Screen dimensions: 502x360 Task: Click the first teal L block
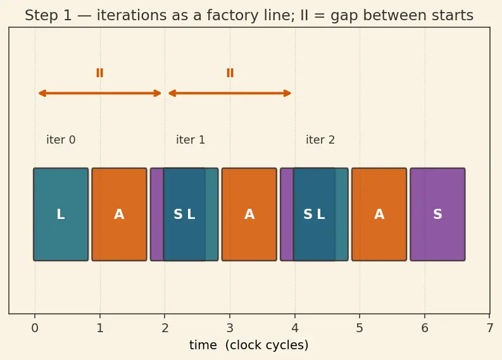[61, 214]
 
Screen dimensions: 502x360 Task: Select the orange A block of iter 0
[120, 214]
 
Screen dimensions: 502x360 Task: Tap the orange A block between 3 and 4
[249, 214]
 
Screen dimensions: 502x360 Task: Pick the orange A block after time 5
[379, 214]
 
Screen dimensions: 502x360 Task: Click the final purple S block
[437, 214]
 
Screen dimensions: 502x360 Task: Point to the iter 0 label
[61, 140]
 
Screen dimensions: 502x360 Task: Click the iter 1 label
[191, 140]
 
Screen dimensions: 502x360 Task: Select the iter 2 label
[320, 140]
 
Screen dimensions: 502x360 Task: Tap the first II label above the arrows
[100, 73]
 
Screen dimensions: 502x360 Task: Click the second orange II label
[230, 73]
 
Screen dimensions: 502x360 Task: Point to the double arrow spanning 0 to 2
[100, 94]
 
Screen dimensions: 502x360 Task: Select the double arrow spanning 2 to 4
[230, 94]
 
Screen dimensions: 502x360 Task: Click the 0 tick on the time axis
[35, 328]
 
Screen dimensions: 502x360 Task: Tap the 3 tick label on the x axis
[230, 328]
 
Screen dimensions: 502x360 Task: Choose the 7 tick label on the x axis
[490, 328]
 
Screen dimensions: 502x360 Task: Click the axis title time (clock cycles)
[249, 345]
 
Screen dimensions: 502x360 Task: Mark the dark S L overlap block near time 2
[184, 214]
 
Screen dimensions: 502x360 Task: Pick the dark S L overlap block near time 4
[315, 214]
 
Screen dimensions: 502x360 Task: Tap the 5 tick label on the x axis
[360, 328]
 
